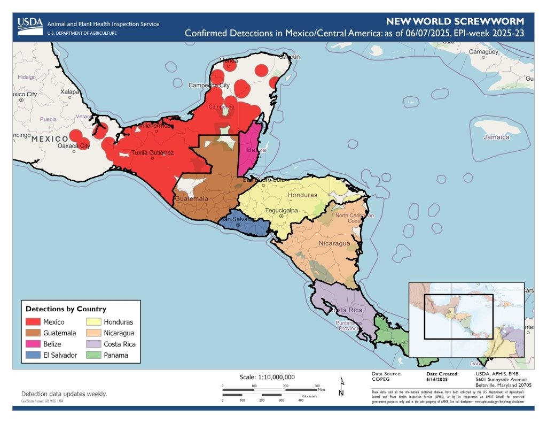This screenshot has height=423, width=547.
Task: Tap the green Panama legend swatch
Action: coord(94,355)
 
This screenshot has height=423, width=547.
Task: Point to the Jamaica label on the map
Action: coord(496,137)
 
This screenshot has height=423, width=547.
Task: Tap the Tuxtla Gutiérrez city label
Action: coord(153,153)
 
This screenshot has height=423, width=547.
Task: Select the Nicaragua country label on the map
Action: coord(334,243)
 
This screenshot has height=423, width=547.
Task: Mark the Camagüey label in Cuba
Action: coord(483,52)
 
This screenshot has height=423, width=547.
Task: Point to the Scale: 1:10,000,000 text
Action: coord(267,376)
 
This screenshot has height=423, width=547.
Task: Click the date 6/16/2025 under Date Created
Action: coord(436,379)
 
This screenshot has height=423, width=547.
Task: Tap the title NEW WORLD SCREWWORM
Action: coord(455,22)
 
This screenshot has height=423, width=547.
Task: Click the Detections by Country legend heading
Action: coord(66,309)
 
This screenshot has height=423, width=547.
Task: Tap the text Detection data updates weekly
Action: coord(64,394)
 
